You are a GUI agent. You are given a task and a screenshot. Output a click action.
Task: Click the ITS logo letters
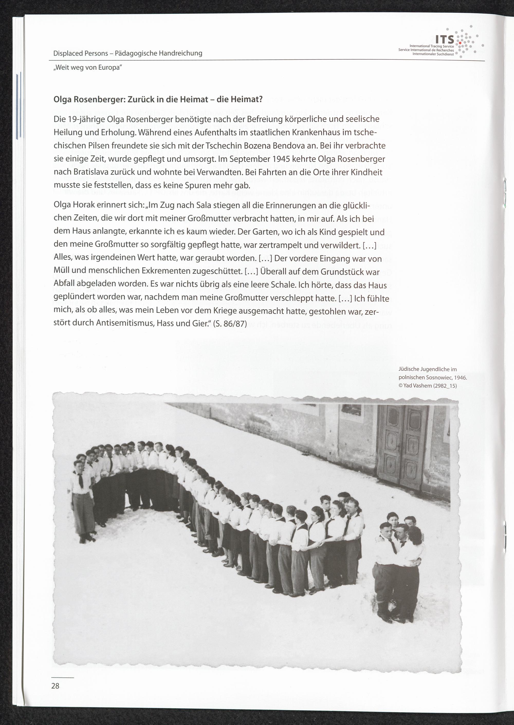coord(445,40)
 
